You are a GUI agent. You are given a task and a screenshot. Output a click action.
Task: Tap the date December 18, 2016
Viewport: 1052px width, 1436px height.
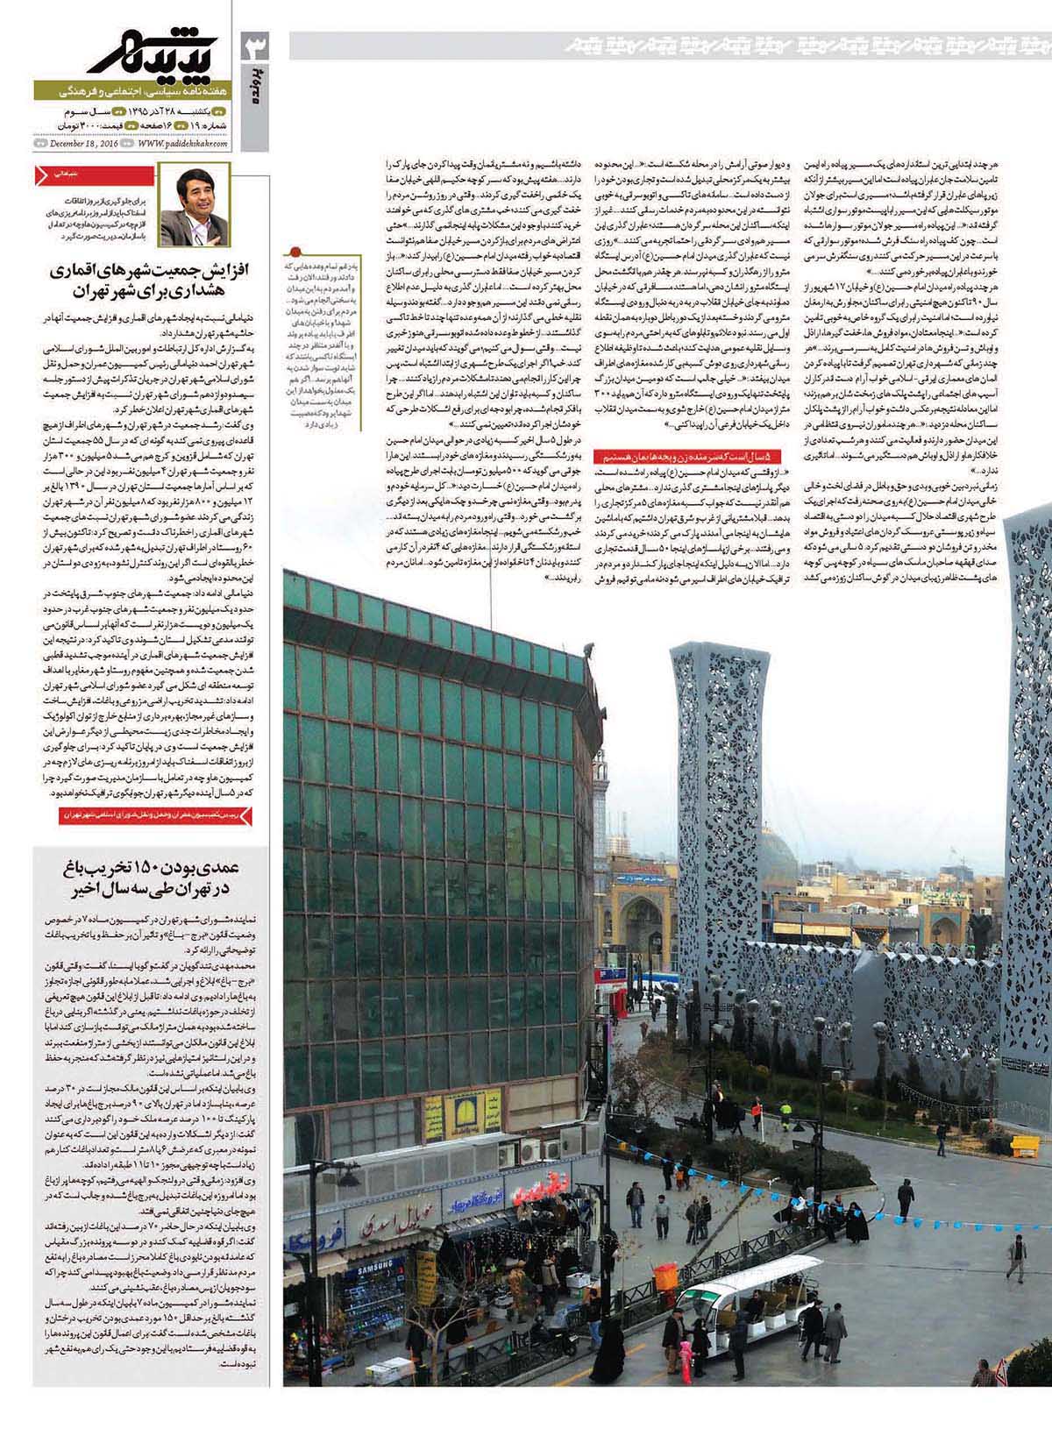point(84,143)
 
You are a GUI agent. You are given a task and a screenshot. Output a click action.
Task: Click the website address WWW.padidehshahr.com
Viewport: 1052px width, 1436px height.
point(181,143)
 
